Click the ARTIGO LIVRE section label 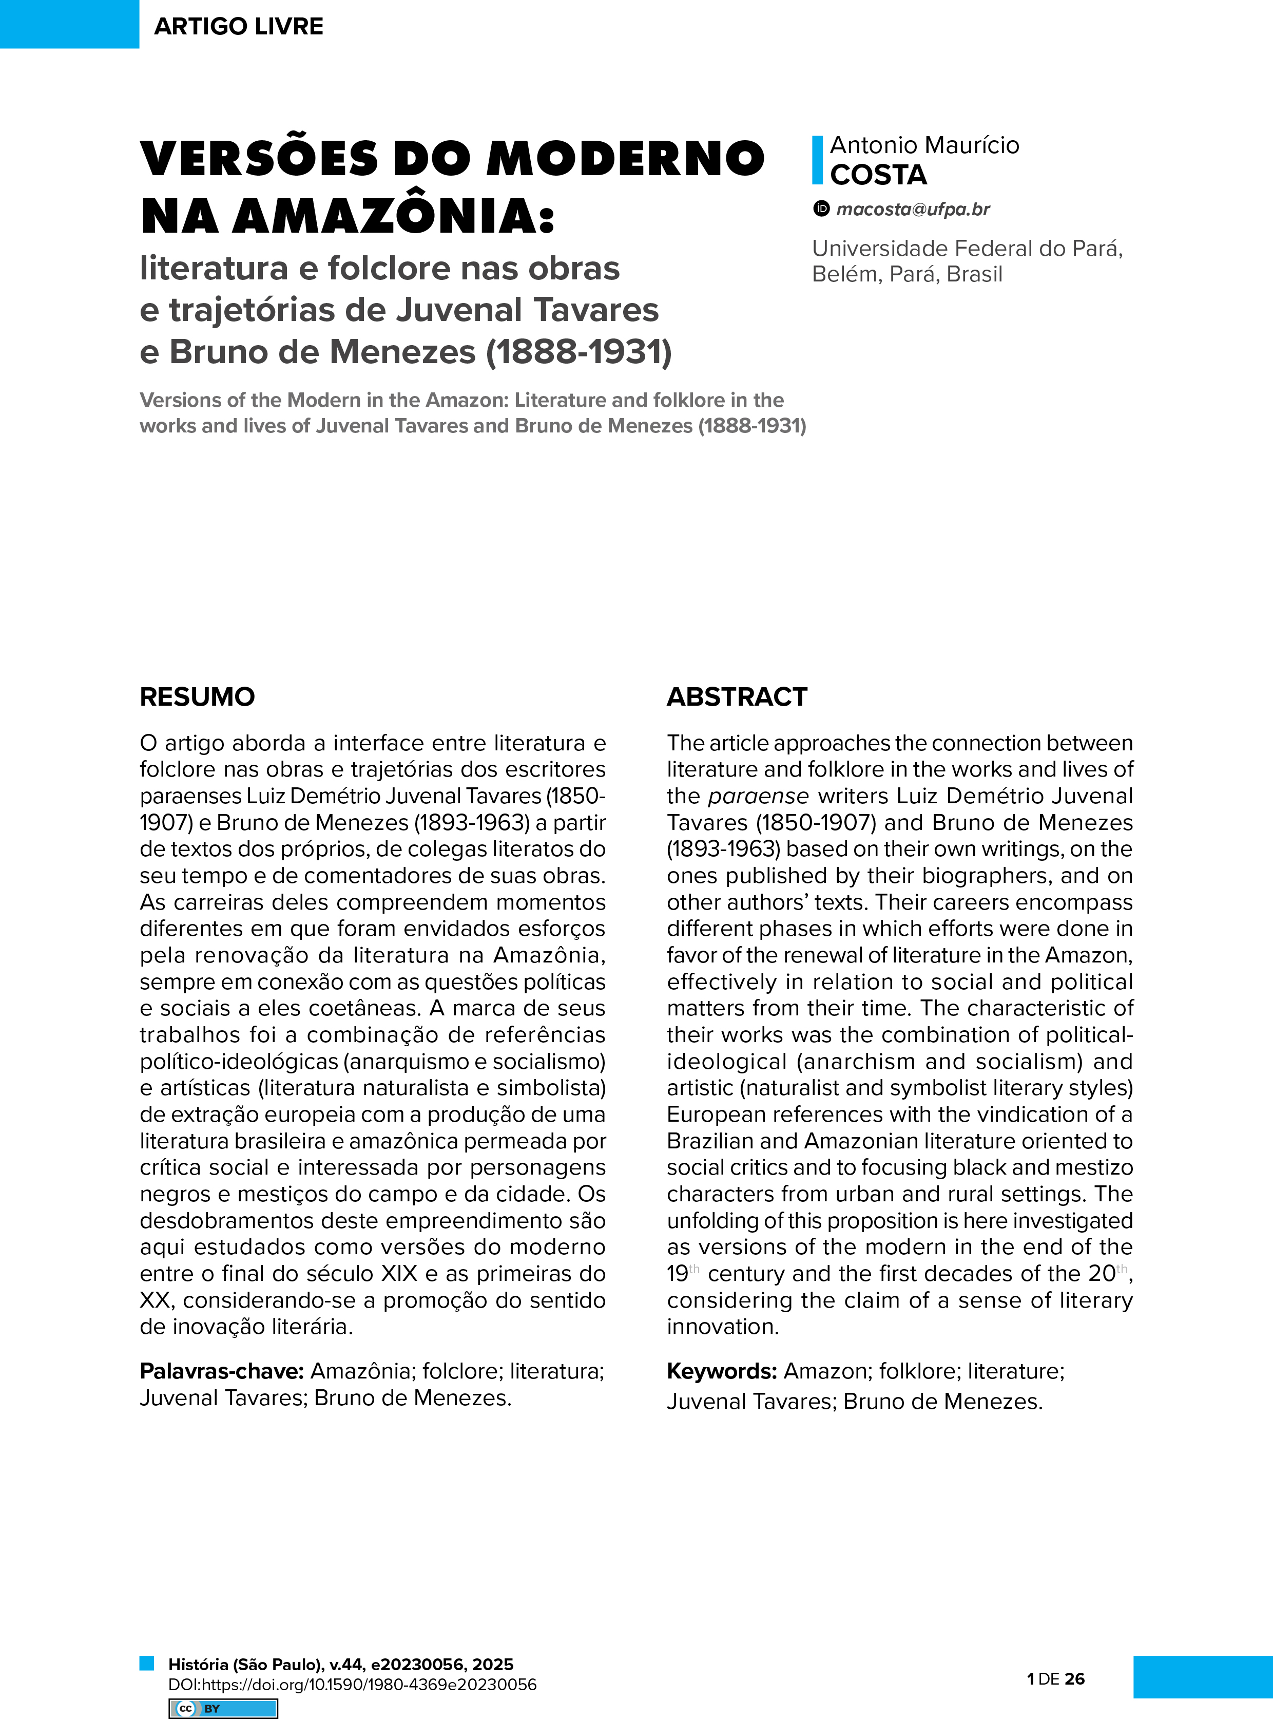[x=238, y=26]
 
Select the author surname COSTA [x=878, y=175]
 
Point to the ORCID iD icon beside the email [x=821, y=208]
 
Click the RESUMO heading [x=197, y=697]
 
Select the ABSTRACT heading [x=737, y=697]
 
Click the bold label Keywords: [x=721, y=1371]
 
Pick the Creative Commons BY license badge [x=223, y=1708]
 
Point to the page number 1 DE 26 [x=1056, y=1678]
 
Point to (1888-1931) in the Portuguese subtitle [x=578, y=351]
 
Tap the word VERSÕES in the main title [x=260, y=158]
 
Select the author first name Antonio [x=874, y=145]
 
